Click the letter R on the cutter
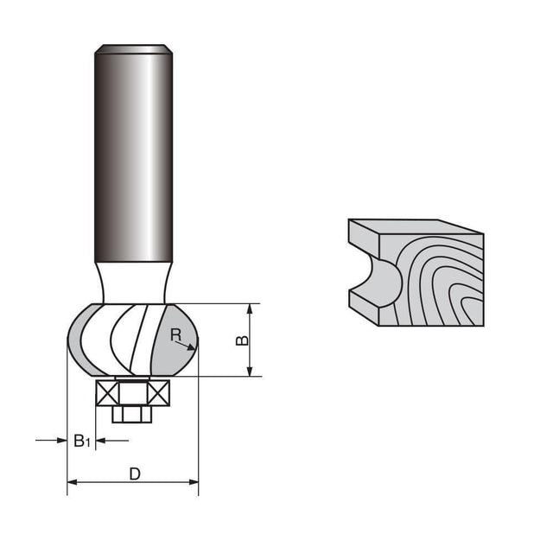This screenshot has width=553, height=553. (x=175, y=334)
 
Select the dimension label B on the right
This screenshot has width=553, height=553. (x=243, y=340)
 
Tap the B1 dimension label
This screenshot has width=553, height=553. (x=82, y=442)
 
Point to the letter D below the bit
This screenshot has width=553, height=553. (x=134, y=473)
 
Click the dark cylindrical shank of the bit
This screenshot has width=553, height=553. (x=133, y=156)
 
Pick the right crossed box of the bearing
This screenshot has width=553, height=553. (x=160, y=393)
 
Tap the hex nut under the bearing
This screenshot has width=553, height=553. (x=132, y=413)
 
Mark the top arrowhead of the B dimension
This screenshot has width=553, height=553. (x=250, y=308)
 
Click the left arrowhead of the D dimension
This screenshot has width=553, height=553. (x=72, y=482)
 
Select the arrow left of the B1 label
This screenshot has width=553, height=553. (x=61, y=441)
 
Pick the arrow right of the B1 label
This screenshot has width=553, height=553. (x=100, y=441)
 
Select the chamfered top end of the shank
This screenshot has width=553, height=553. (x=133, y=49)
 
